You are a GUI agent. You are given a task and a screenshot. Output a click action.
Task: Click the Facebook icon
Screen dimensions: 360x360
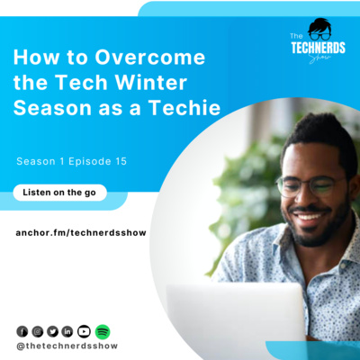22,331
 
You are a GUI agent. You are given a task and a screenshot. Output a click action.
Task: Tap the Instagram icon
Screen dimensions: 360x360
37,331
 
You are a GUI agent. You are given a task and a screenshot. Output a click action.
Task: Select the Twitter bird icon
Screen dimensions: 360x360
52,331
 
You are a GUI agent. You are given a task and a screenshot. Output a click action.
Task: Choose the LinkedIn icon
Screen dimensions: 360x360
67,331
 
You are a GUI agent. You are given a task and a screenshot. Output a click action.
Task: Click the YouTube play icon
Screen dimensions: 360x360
84,331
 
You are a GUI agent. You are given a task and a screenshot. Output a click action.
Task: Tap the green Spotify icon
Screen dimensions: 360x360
102,331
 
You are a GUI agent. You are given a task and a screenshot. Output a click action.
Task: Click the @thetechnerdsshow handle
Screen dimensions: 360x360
67,346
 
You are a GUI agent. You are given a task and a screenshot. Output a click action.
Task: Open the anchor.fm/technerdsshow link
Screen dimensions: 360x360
81,232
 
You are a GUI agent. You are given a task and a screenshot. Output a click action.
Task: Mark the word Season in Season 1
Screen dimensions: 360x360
37,162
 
